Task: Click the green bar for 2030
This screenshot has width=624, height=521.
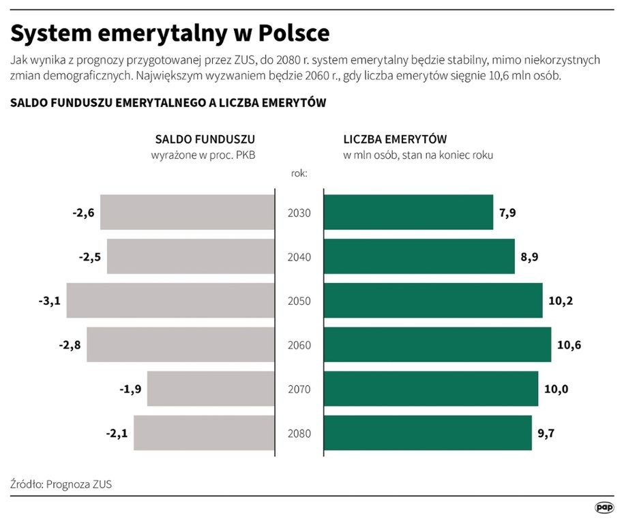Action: [x=408, y=213]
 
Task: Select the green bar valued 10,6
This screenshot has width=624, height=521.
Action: [x=437, y=345]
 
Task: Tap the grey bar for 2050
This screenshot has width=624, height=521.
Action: [x=170, y=301]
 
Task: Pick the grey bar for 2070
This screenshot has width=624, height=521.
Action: [x=211, y=389]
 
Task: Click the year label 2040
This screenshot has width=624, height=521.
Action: [x=299, y=257]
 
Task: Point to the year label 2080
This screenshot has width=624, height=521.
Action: [x=299, y=434]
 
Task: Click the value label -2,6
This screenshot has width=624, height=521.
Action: [x=83, y=213]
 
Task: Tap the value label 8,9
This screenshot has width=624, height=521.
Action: [x=529, y=257]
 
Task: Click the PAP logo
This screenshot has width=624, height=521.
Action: [x=604, y=507]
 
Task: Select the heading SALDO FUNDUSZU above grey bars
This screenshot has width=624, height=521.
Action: [x=205, y=139]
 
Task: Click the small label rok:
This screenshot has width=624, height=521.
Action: [x=299, y=173]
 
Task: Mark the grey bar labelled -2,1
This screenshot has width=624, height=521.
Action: [x=204, y=434]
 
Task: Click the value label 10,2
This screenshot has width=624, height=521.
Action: [x=560, y=301]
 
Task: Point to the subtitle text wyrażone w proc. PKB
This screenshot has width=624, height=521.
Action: [x=203, y=155]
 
